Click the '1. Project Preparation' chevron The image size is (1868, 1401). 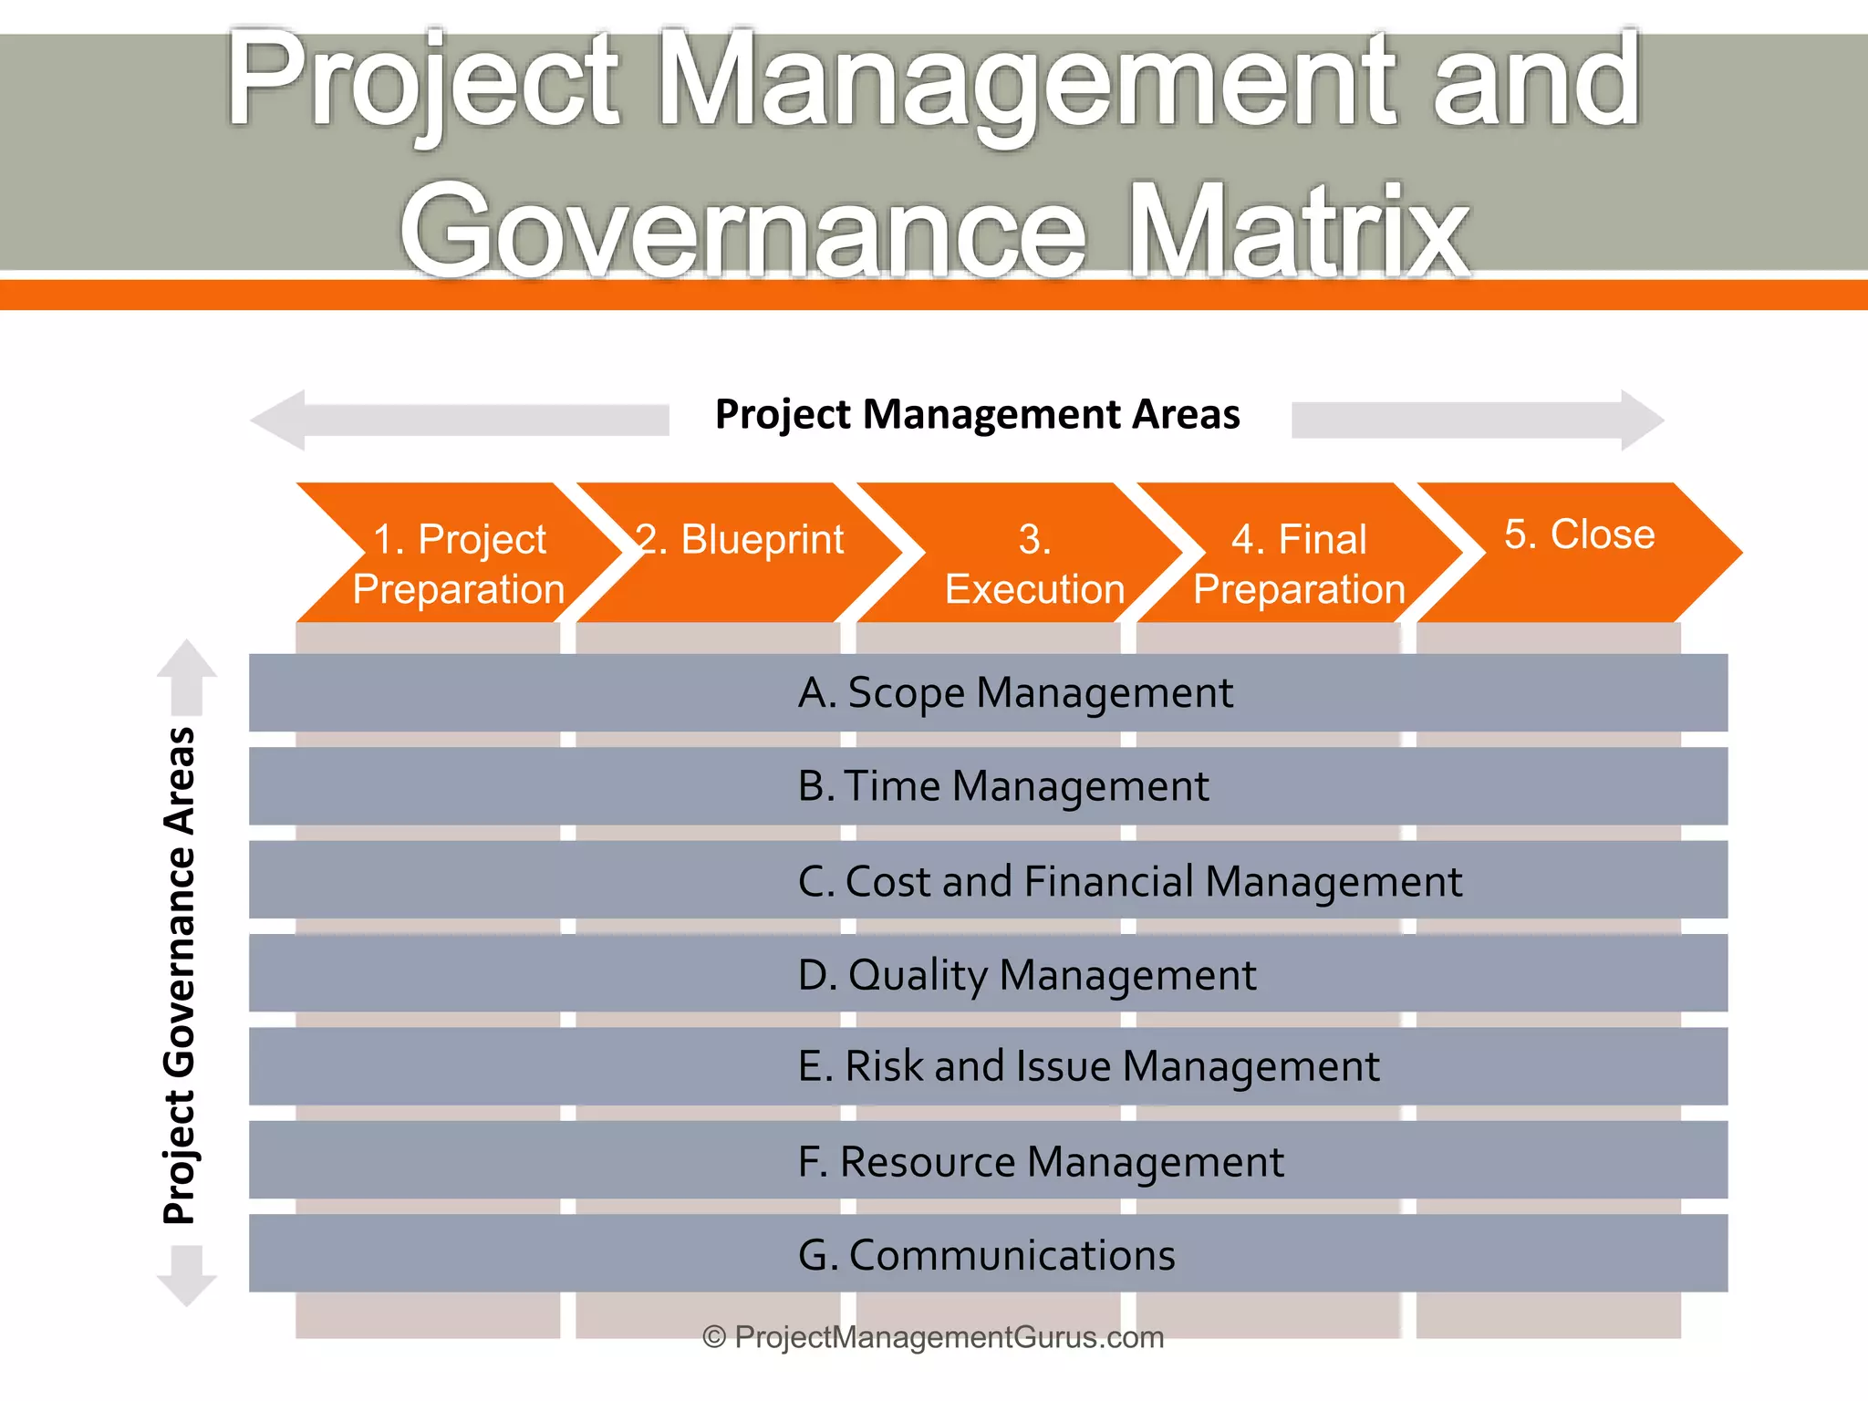[x=459, y=563]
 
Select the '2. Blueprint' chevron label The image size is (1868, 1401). [x=740, y=539]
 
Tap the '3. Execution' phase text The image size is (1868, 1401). [x=1034, y=564]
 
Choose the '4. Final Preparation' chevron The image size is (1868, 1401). [x=1299, y=564]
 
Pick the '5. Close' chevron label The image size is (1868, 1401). [x=1579, y=534]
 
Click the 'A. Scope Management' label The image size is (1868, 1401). [x=1014, y=692]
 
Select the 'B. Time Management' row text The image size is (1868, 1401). [x=1002, y=786]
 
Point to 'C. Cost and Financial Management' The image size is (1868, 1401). [x=1129, y=881]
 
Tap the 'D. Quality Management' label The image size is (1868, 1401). [x=1026, y=974]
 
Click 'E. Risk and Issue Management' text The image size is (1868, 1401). [x=1088, y=1066]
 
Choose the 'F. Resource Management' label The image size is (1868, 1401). [x=1040, y=1161]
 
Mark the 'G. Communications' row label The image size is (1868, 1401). [x=986, y=1255]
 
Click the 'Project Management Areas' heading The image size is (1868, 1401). [x=977, y=415]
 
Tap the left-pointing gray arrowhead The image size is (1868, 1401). [x=279, y=420]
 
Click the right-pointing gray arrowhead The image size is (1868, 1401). [x=1640, y=420]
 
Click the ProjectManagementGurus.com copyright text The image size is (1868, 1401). [x=933, y=1337]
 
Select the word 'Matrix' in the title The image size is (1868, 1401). [x=1299, y=230]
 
